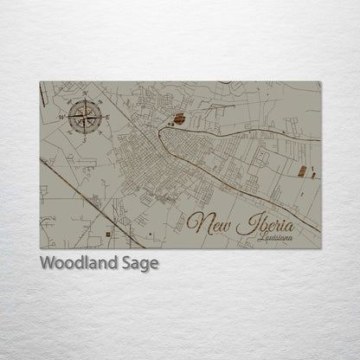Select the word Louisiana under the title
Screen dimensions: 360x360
coord(275,237)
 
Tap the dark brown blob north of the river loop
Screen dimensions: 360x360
coord(178,119)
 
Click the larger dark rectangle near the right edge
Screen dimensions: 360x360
coord(302,170)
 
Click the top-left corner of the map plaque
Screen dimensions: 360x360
coord(40,82)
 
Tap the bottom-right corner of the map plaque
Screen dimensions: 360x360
coord(321,248)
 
